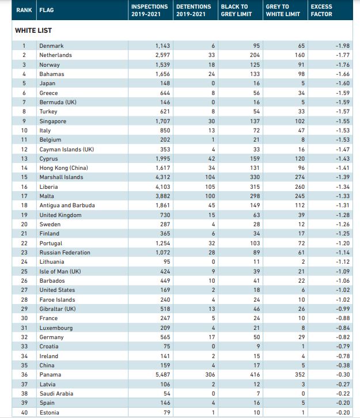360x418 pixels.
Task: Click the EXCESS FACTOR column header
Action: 321,10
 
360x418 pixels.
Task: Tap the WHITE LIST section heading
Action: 33,31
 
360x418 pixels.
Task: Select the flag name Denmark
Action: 51,46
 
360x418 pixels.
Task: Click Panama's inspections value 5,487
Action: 162,375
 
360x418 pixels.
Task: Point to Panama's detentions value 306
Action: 210,375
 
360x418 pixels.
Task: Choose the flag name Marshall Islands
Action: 61,177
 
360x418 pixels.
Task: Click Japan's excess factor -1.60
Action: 343,83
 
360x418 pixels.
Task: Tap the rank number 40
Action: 24,412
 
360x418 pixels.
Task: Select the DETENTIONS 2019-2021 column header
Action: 194,10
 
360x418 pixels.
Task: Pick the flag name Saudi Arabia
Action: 56,393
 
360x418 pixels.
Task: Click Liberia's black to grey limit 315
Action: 255,187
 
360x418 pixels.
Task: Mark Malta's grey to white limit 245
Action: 300,196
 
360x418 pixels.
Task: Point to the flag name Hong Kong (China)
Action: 64,168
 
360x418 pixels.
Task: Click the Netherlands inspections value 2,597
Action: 162,55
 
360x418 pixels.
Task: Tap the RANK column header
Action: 24,10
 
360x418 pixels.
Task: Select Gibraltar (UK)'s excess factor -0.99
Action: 343,309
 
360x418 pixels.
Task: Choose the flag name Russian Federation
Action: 65,252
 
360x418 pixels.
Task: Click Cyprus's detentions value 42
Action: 211,158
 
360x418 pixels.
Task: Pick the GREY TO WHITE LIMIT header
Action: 283,10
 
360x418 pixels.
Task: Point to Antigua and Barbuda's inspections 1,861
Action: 162,206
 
